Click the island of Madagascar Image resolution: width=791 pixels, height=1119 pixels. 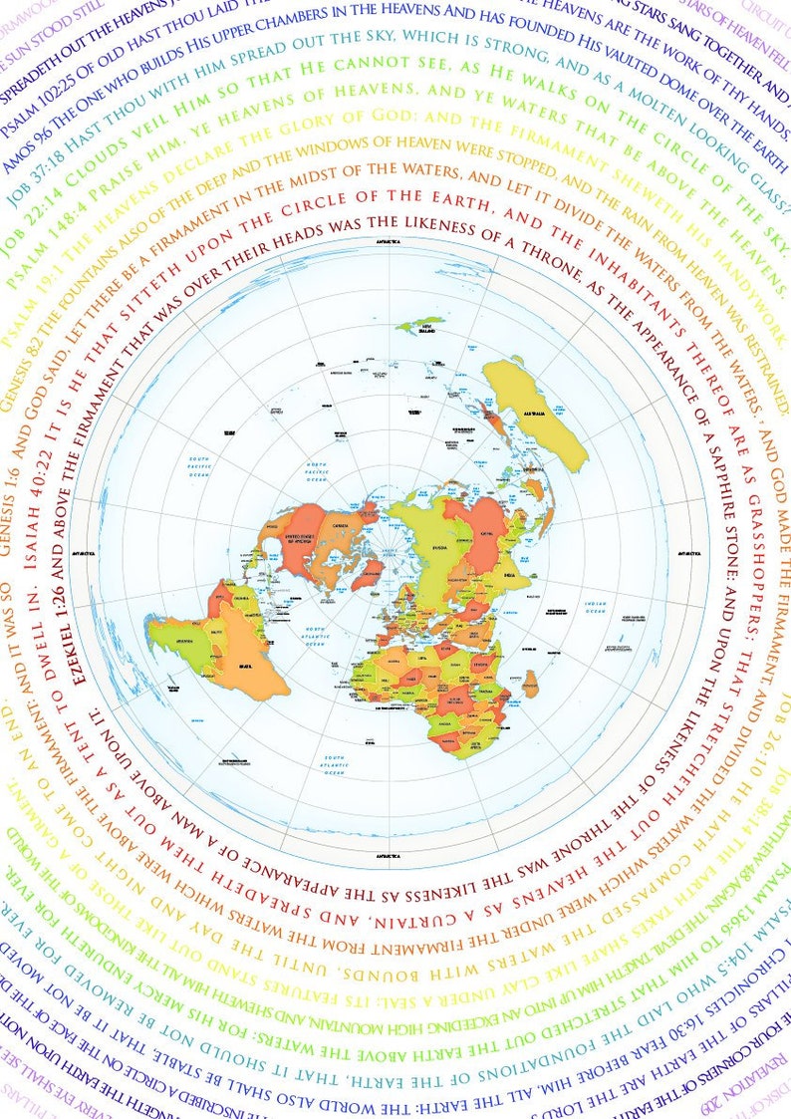pos(531,683)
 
